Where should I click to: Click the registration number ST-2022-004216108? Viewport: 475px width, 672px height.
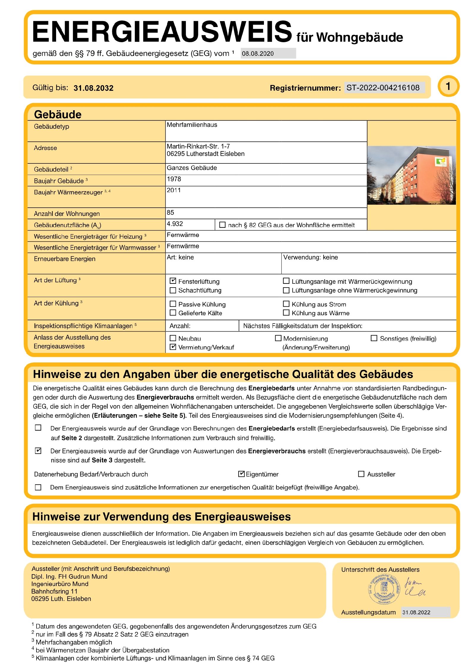click(x=383, y=88)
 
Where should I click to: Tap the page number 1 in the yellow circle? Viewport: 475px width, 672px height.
click(x=448, y=86)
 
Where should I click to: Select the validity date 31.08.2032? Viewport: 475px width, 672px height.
click(x=94, y=88)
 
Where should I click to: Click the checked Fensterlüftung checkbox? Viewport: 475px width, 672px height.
click(x=173, y=281)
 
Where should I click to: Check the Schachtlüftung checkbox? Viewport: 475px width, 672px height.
click(x=173, y=290)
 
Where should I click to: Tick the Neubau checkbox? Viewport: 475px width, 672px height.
click(x=173, y=338)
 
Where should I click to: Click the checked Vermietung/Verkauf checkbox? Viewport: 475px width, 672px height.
click(x=173, y=347)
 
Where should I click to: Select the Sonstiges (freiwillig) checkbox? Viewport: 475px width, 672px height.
click(x=374, y=338)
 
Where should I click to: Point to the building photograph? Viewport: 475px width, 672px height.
click(x=411, y=175)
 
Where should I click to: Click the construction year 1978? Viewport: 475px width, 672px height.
click(x=174, y=179)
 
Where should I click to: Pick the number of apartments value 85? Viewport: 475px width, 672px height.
click(x=170, y=212)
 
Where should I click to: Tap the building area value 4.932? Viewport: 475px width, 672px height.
click(x=175, y=224)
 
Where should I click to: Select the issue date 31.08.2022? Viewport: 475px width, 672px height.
click(x=416, y=612)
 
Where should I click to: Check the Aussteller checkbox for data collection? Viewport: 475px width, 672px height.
click(x=361, y=474)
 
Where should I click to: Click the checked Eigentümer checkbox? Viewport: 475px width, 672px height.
click(x=241, y=474)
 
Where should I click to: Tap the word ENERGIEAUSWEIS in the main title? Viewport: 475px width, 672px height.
click(x=162, y=31)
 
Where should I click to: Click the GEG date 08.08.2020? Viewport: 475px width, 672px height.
click(x=258, y=53)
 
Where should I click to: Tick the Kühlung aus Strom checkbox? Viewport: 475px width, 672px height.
click(x=286, y=304)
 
